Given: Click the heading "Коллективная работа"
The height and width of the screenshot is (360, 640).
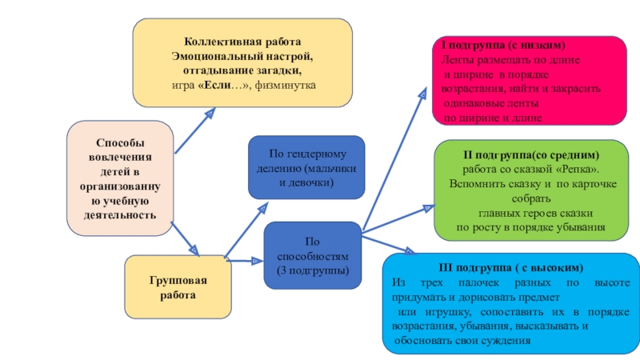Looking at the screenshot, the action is pyautogui.click(x=243, y=41).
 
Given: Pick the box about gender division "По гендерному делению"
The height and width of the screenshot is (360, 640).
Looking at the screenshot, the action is pyautogui.click(x=306, y=168).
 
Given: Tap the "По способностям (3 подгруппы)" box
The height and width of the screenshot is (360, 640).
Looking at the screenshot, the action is pyautogui.click(x=313, y=256).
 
